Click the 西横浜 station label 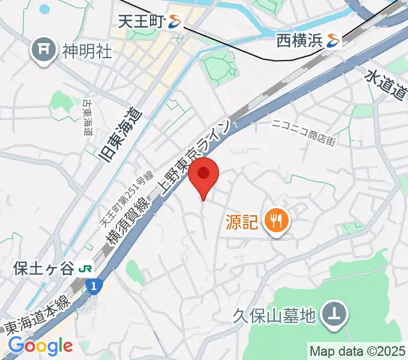(299, 41)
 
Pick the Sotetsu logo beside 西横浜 (334, 41)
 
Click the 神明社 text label (87, 51)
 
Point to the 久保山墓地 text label (275, 315)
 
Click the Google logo (40, 346)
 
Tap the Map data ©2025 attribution (358, 350)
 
